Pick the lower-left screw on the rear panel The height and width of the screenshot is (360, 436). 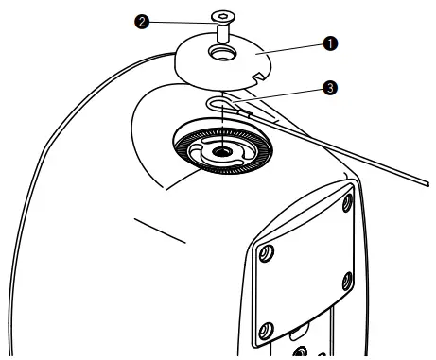[x=267, y=329]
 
